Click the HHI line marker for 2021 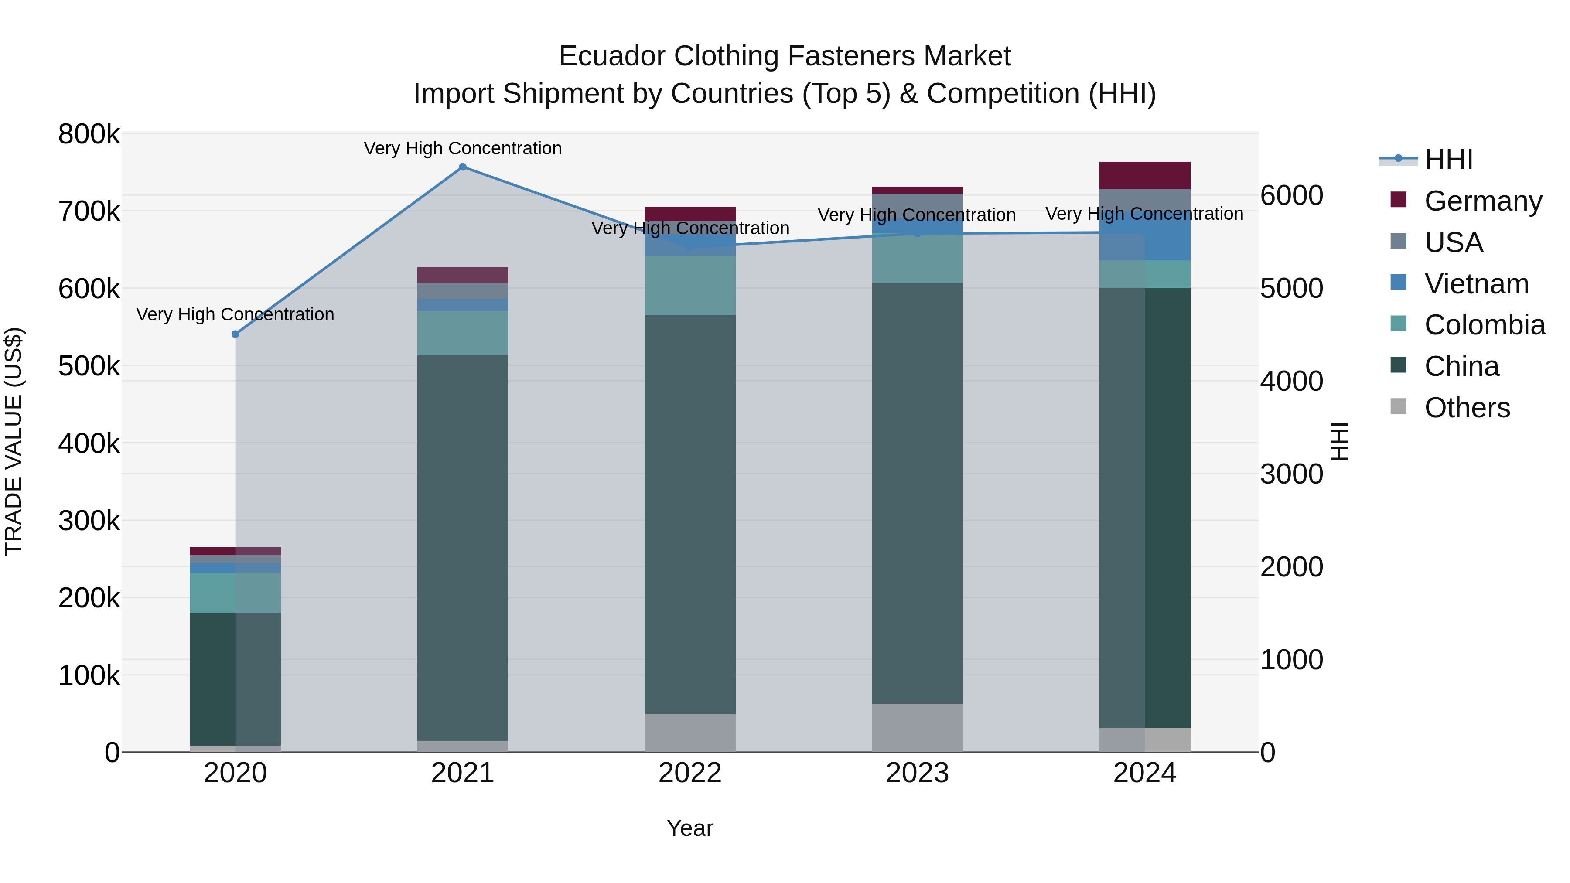click(x=463, y=167)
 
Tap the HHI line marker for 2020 click(x=235, y=334)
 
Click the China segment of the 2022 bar click(x=690, y=515)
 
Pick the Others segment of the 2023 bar click(x=917, y=728)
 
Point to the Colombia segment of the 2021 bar click(x=463, y=333)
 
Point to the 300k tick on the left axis click(x=89, y=521)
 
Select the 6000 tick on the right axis click(x=1291, y=196)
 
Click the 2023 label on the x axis click(x=917, y=773)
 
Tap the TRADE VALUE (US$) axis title click(x=14, y=442)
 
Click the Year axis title click(x=690, y=828)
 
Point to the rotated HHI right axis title click(x=1339, y=442)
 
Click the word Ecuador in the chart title click(x=612, y=56)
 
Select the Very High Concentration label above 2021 click(x=463, y=148)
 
